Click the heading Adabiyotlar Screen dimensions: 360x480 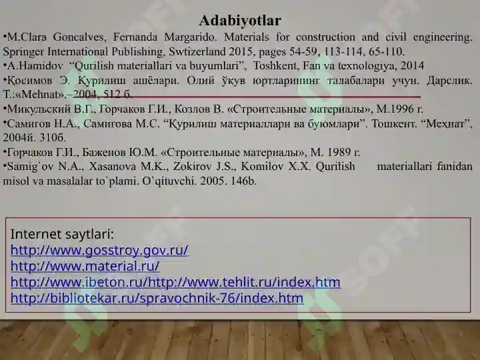pyautogui.click(x=240, y=21)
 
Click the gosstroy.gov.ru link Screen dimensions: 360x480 pyautogui.click(x=99, y=250)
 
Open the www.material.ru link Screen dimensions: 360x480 pyautogui.click(x=85, y=266)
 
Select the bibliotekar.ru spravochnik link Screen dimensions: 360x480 pyautogui.click(x=157, y=298)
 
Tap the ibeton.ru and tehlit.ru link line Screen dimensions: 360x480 pyautogui.click(x=175, y=282)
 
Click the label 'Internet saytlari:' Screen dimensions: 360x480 pyautogui.click(x=62, y=235)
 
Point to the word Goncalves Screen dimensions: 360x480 pyautogui.click(x=79, y=37)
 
